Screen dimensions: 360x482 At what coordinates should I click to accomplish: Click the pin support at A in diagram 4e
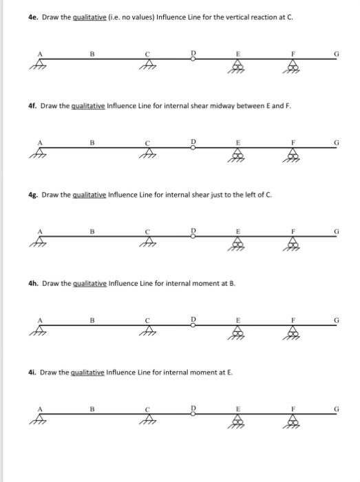pyautogui.click(x=33, y=66)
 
